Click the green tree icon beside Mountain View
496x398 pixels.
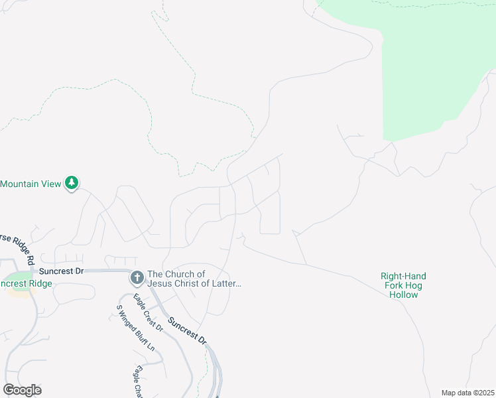coord(72,182)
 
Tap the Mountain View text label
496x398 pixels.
coord(31,183)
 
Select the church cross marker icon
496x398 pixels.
coord(137,277)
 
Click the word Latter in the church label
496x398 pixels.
coord(225,284)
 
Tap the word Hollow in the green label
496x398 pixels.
coord(403,295)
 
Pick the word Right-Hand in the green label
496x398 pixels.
coord(403,276)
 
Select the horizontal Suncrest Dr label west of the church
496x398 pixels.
coord(61,271)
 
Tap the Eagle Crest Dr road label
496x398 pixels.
coord(147,312)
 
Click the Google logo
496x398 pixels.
coord(22,389)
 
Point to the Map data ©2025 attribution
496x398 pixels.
coord(467,393)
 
